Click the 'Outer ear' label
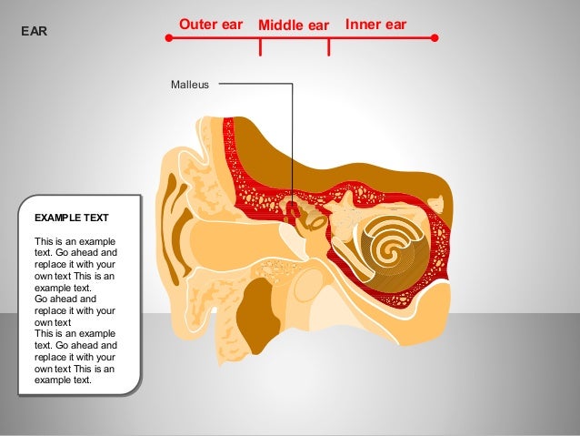(x=211, y=24)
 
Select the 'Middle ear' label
(x=293, y=25)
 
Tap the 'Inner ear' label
(x=375, y=24)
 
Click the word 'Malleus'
(x=190, y=85)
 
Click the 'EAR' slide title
(x=34, y=32)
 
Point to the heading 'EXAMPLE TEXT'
(x=71, y=218)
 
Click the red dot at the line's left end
(x=168, y=38)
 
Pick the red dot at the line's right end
(x=435, y=38)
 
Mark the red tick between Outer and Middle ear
(x=261, y=46)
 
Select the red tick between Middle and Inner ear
(x=328, y=46)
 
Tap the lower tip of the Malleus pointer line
(x=293, y=215)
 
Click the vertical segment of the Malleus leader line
(x=293, y=146)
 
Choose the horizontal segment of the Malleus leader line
(x=255, y=85)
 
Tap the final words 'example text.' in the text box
(x=63, y=380)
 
